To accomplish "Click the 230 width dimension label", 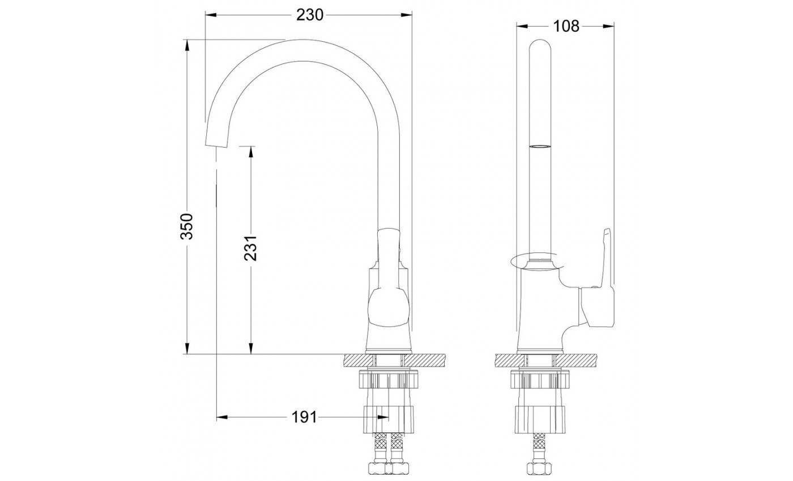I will coord(309,15).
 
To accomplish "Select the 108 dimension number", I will coord(566,26).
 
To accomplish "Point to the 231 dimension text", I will coord(250,247).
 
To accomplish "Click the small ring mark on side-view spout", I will coord(539,147).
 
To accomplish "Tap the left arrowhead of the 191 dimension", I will coord(221,418).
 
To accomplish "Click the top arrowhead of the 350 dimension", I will coord(187,44).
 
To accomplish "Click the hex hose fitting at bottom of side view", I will coord(539,469).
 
